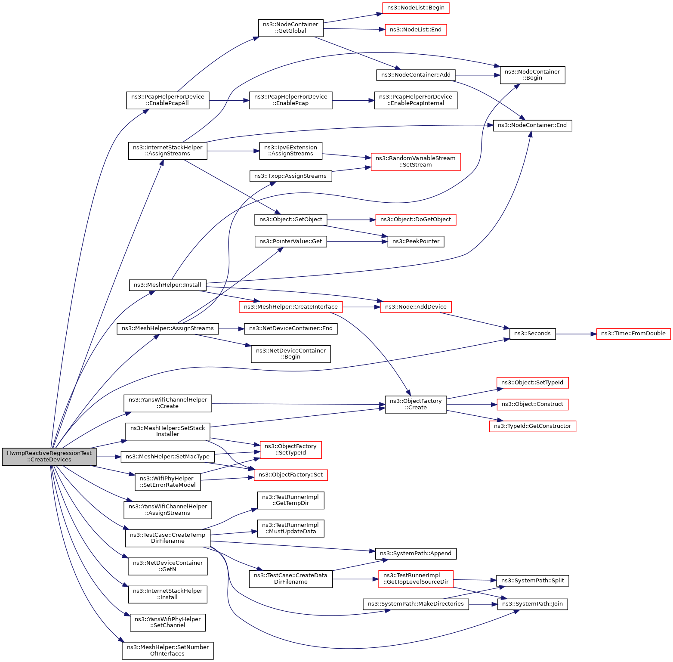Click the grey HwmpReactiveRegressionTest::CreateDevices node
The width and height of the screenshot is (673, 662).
pyautogui.click(x=49, y=456)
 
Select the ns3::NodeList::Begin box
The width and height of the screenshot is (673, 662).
pyautogui.click(x=416, y=8)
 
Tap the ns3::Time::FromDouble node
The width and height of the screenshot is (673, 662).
pyautogui.click(x=633, y=334)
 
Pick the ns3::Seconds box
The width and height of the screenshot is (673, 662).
pyautogui.click(x=532, y=334)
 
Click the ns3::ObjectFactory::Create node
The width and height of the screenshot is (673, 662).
pyautogui.click(x=416, y=405)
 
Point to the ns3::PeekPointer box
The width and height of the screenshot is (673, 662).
pyautogui.click(x=416, y=241)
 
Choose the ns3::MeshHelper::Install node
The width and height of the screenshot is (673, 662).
pyautogui.click(x=167, y=285)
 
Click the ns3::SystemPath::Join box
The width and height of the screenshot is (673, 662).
pyautogui.click(x=532, y=604)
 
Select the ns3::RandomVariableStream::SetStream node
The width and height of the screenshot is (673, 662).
pyautogui.click(x=416, y=161)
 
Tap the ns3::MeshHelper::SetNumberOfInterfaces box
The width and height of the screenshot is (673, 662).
pyautogui.click(x=167, y=650)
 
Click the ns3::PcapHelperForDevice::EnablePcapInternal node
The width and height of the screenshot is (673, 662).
pyautogui.click(x=416, y=100)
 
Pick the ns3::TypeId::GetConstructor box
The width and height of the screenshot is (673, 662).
pyautogui.click(x=532, y=426)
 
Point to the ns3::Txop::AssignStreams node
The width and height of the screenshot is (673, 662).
pyautogui.click(x=290, y=176)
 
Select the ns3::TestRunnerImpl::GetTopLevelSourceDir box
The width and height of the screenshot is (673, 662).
pyautogui.click(x=416, y=579)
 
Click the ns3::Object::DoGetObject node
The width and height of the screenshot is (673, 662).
pyautogui.click(x=416, y=220)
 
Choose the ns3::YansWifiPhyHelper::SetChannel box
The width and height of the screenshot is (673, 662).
pyautogui.click(x=167, y=622)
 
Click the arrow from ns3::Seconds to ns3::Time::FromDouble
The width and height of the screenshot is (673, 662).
pyautogui.click(x=576, y=334)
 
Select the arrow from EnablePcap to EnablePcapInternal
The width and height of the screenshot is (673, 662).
pyautogui.click(x=353, y=100)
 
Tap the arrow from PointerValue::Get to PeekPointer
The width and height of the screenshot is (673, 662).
pyautogui.click(x=357, y=241)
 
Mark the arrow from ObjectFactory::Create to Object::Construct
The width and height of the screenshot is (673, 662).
pyautogui.click(x=472, y=405)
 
